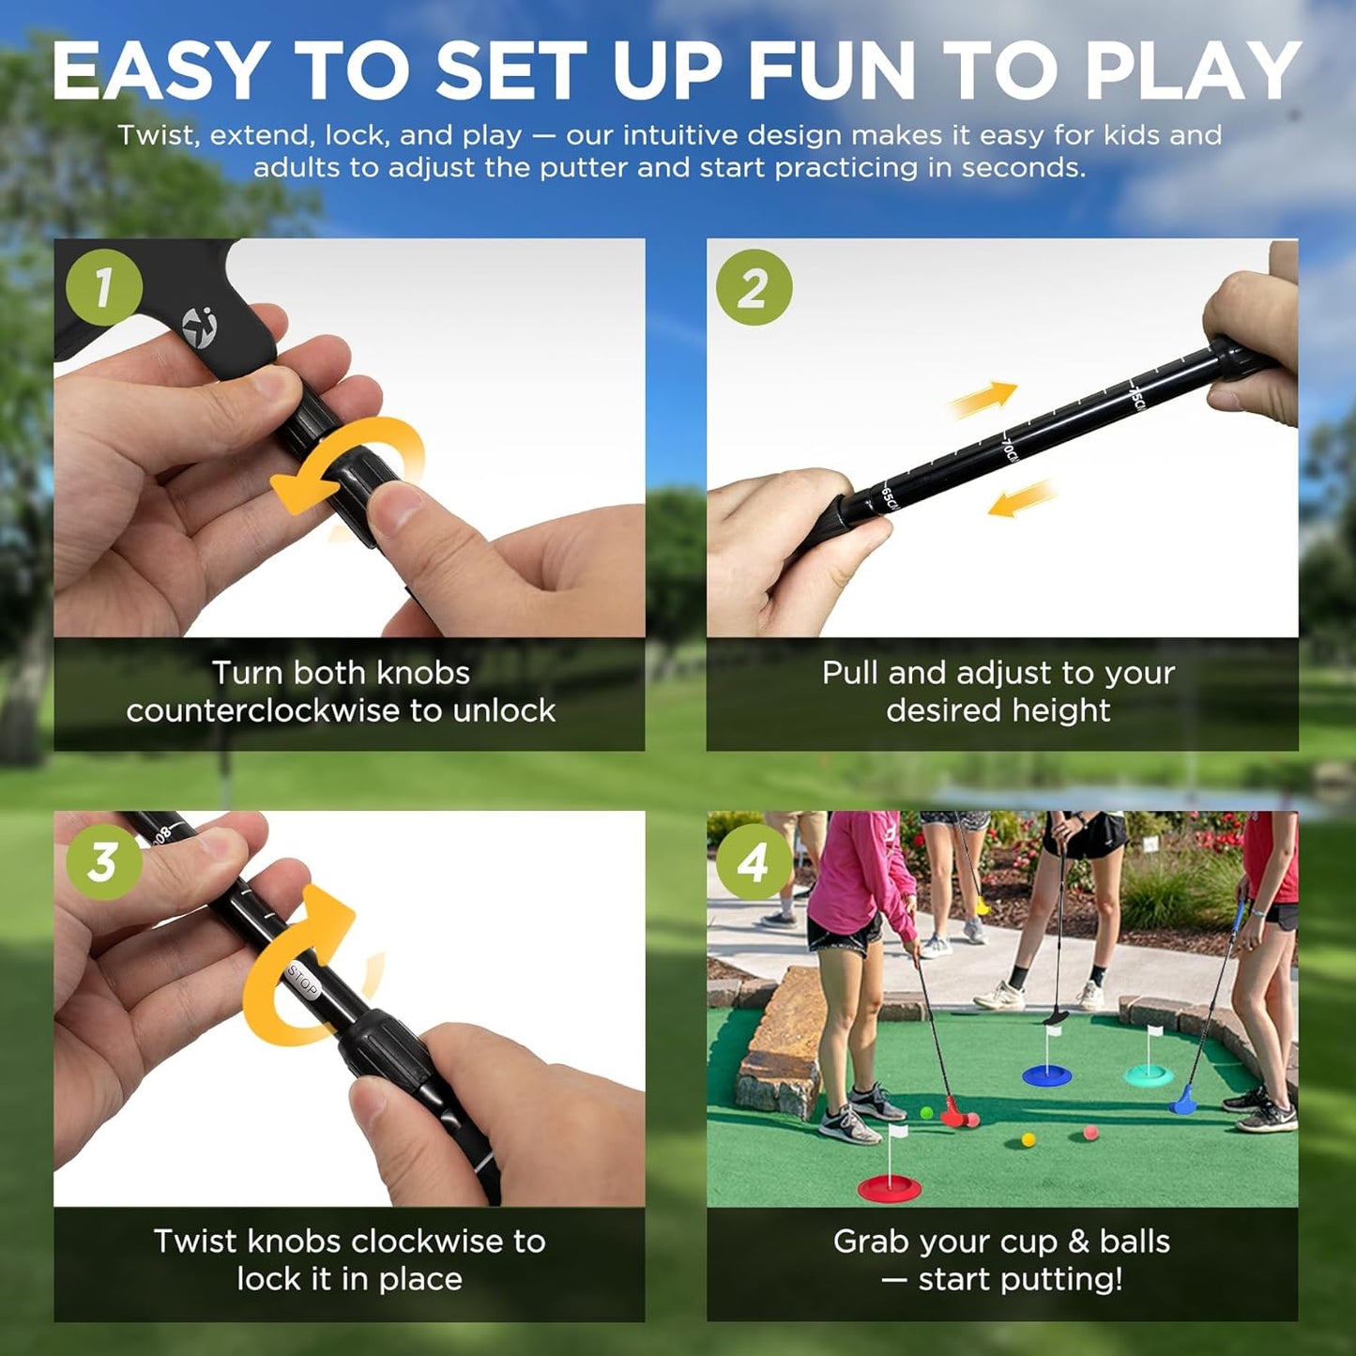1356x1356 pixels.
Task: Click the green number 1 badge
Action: (104, 287)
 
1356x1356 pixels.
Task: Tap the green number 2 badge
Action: (754, 287)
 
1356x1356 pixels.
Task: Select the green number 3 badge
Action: (103, 861)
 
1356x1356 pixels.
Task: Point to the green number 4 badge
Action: (754, 861)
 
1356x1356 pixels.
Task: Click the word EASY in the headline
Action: (160, 71)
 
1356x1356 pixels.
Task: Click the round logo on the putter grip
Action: (199, 328)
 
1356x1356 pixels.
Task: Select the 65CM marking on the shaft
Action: (889, 498)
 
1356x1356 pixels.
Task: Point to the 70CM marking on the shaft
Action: (1009, 448)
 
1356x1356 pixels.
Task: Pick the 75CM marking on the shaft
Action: (1135, 394)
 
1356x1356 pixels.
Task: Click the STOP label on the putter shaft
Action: (302, 980)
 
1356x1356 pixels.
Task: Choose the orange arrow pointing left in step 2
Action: (1021, 498)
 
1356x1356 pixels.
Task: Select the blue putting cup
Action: (1046, 1074)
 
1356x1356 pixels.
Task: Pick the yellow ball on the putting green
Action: (1028, 1139)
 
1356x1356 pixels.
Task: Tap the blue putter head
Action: (1182, 1103)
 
